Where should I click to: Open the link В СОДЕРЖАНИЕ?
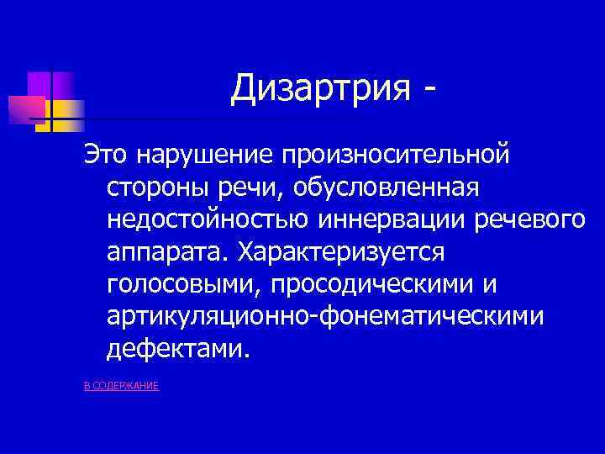[x=122, y=385]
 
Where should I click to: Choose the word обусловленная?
[x=387, y=187]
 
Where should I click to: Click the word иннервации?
[x=392, y=219]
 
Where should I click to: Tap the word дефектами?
[x=178, y=348]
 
